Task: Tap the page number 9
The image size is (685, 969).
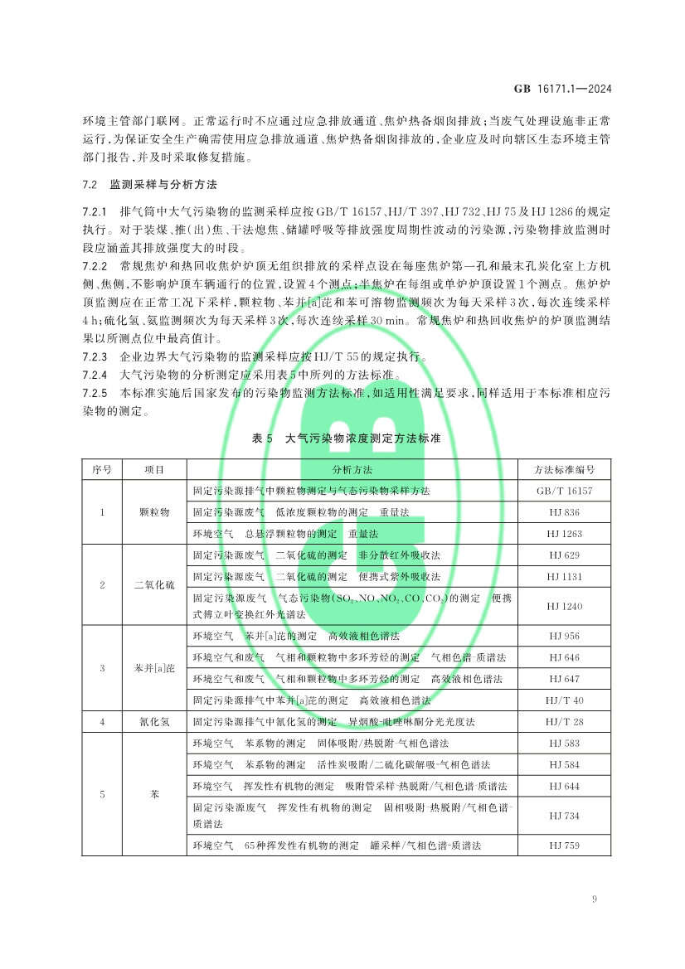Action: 595,899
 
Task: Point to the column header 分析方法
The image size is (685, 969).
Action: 352,469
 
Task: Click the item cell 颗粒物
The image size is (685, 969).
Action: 154,512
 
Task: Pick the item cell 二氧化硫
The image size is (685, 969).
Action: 154,585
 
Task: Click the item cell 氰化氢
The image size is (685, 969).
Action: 154,722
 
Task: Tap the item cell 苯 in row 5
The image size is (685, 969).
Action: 154,794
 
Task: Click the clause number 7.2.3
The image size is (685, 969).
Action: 95,357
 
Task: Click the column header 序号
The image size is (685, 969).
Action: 102,469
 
